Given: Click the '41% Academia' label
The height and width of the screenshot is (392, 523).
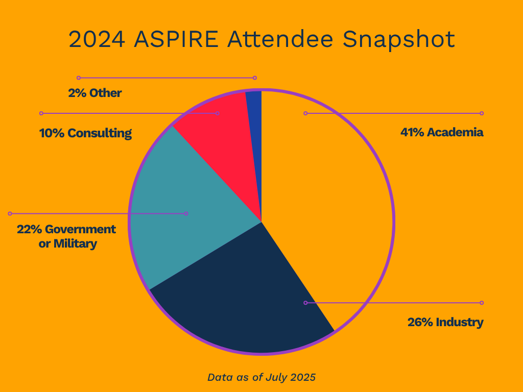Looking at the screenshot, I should [442, 133].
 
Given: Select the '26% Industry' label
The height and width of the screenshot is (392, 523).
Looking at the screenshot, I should [445, 323].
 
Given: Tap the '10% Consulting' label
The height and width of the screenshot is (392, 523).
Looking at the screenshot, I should [85, 134].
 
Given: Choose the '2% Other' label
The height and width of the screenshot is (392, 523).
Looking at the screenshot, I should [95, 93].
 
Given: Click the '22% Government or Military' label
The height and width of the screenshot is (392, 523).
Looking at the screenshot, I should [66, 236].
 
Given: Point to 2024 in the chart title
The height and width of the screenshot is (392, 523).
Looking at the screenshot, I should [97, 40].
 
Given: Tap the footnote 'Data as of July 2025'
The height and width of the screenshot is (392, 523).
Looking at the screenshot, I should [261, 378].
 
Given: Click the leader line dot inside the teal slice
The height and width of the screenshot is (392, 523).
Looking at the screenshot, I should [186, 213].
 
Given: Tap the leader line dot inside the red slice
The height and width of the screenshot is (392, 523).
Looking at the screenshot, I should [218, 113].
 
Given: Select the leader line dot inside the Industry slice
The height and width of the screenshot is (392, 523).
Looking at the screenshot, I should [305, 303].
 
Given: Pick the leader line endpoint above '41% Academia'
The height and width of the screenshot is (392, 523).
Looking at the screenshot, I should [482, 113].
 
